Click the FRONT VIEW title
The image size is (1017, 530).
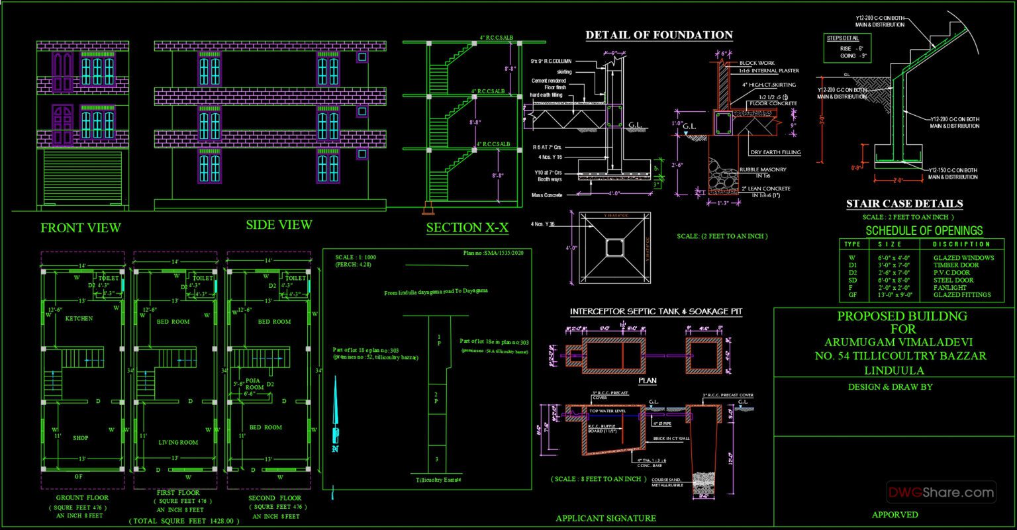click(81, 228)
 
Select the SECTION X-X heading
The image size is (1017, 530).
click(467, 228)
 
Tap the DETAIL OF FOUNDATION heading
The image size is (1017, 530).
click(659, 35)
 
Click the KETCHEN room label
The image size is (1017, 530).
click(79, 318)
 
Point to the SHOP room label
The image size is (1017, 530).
click(81, 437)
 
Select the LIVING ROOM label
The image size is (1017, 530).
click(178, 442)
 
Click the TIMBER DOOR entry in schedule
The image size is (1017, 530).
click(952, 265)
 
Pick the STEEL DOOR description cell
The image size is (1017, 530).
click(951, 280)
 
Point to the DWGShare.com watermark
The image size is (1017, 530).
click(942, 492)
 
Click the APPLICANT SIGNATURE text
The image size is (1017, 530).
click(606, 518)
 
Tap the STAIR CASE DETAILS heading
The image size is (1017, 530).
click(904, 204)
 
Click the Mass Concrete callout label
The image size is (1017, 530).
click(546, 195)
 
